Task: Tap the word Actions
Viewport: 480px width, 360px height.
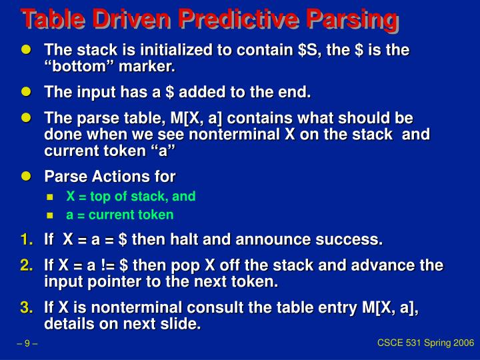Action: click(x=114, y=177)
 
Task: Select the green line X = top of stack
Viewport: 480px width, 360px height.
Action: click(x=130, y=197)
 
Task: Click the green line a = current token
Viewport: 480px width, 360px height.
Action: click(x=119, y=215)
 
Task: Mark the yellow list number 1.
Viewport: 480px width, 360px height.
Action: click(x=26, y=239)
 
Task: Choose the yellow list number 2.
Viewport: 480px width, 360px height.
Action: click(x=26, y=265)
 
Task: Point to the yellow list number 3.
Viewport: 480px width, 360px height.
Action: click(x=26, y=307)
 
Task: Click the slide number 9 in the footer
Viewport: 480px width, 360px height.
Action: click(x=27, y=344)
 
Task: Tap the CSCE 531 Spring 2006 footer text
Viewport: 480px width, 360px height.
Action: click(x=425, y=343)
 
